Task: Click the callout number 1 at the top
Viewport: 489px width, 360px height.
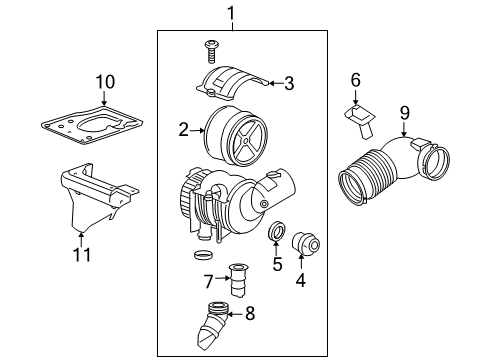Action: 232,13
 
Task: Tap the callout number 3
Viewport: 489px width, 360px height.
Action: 288,84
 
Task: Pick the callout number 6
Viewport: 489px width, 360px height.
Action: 354,80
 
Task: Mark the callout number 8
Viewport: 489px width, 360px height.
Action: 250,314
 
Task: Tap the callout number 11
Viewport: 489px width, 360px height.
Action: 82,254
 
